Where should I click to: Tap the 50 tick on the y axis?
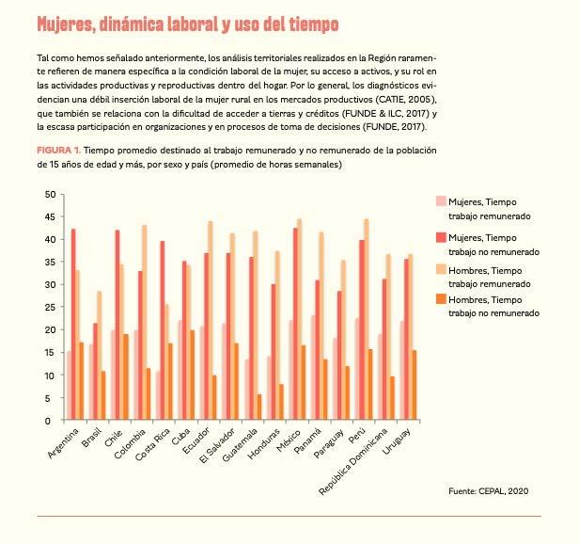point(49,194)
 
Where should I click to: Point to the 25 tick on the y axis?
point(49,308)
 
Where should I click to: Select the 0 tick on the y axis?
point(52,421)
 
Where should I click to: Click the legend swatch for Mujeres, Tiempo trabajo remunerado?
point(441,201)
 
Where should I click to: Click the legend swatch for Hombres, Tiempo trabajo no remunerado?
point(441,299)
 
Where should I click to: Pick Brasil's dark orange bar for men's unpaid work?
point(103,395)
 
